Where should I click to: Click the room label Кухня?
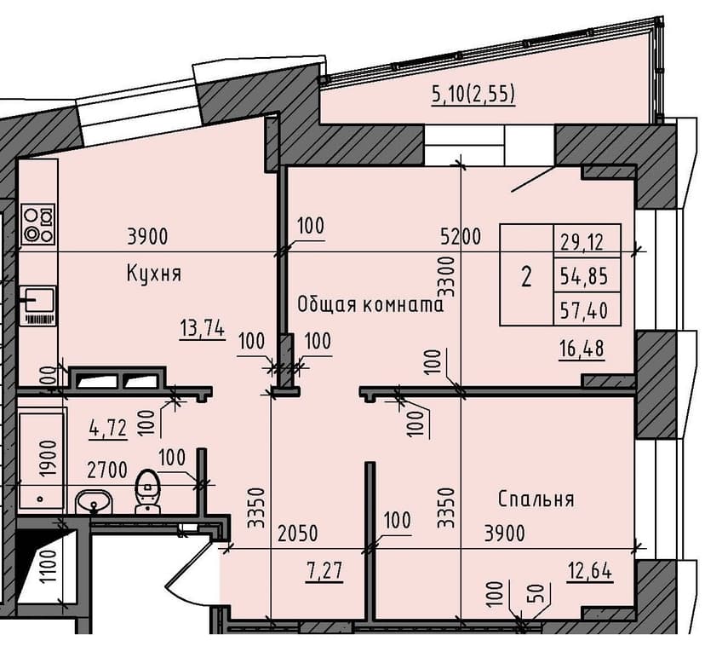pos(154,274)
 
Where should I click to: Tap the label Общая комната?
pos(370,304)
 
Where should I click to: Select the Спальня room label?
pos(536,499)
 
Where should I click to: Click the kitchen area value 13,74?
pos(202,327)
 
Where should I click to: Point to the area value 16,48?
pos(582,349)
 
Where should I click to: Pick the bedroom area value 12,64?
pos(591,567)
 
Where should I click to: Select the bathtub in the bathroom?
pos(41,460)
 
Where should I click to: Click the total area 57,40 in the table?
pos(584,311)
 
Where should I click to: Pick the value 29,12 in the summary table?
pos(582,241)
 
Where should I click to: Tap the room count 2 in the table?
pos(526,277)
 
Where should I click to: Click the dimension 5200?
pos(461,237)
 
